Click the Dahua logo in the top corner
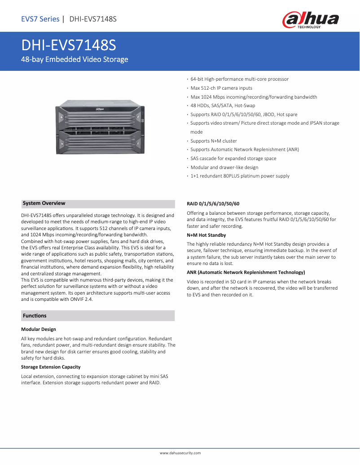(x=310, y=20)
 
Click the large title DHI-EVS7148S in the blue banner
(x=69, y=45)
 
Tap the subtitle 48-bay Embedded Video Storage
(x=75, y=59)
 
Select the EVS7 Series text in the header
(x=40, y=19)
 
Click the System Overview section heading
(x=44, y=204)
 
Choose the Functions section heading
(x=35, y=316)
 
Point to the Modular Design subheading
(x=38, y=329)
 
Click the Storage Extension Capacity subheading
(x=51, y=367)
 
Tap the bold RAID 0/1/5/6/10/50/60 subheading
(x=213, y=204)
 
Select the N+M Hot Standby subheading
(x=206, y=235)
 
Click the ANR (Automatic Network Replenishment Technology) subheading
(x=246, y=272)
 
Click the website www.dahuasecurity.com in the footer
(x=180, y=453)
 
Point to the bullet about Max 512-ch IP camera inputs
(x=221, y=88)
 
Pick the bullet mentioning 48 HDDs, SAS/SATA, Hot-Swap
(x=223, y=105)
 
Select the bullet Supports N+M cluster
(x=214, y=141)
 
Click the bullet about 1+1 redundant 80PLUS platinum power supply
(x=240, y=176)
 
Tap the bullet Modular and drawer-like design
(x=224, y=167)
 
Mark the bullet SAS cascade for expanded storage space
(x=233, y=158)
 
